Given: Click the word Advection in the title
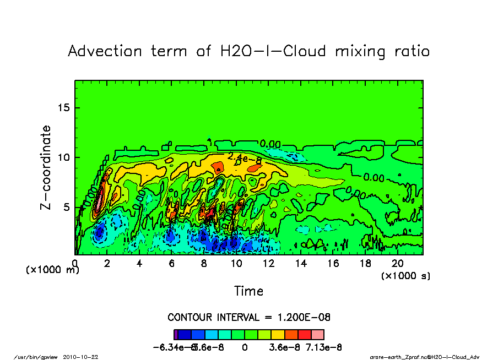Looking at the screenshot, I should tap(104, 51).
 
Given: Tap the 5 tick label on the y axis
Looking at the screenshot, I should tap(68, 208).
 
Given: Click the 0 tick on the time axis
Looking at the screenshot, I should tap(75, 264).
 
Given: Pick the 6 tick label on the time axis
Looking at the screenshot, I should tap(172, 264).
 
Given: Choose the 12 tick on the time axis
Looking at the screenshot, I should tap(269, 264).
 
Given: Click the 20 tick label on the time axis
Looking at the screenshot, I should tap(398, 264).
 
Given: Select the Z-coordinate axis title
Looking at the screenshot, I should tap(46, 167).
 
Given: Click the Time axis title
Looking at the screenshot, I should tap(249, 291).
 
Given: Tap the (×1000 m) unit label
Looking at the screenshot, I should tap(53, 270).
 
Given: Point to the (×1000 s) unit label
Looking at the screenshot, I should tap(406, 275).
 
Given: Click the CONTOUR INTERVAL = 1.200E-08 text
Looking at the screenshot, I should tap(249, 318).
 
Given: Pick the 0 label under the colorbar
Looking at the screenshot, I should tap(245, 347).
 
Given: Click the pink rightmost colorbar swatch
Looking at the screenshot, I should tap(318, 335).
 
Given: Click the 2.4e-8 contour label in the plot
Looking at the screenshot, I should tap(244, 157).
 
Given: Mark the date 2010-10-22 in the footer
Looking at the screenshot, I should tap(88, 356).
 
